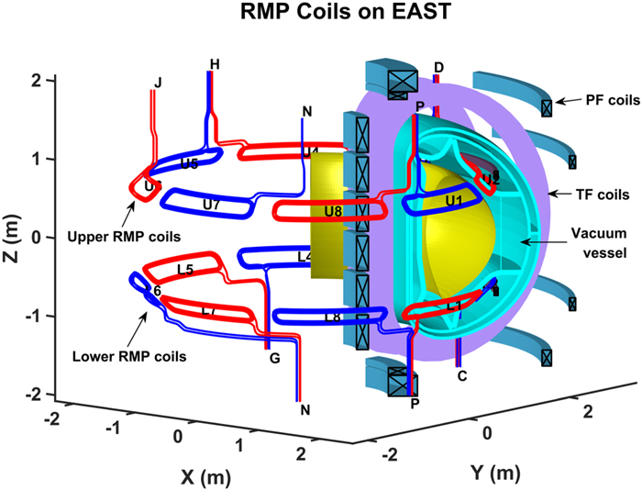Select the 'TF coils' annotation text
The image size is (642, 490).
click(602, 195)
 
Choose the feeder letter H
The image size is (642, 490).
click(215, 64)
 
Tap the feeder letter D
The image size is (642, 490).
click(438, 67)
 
